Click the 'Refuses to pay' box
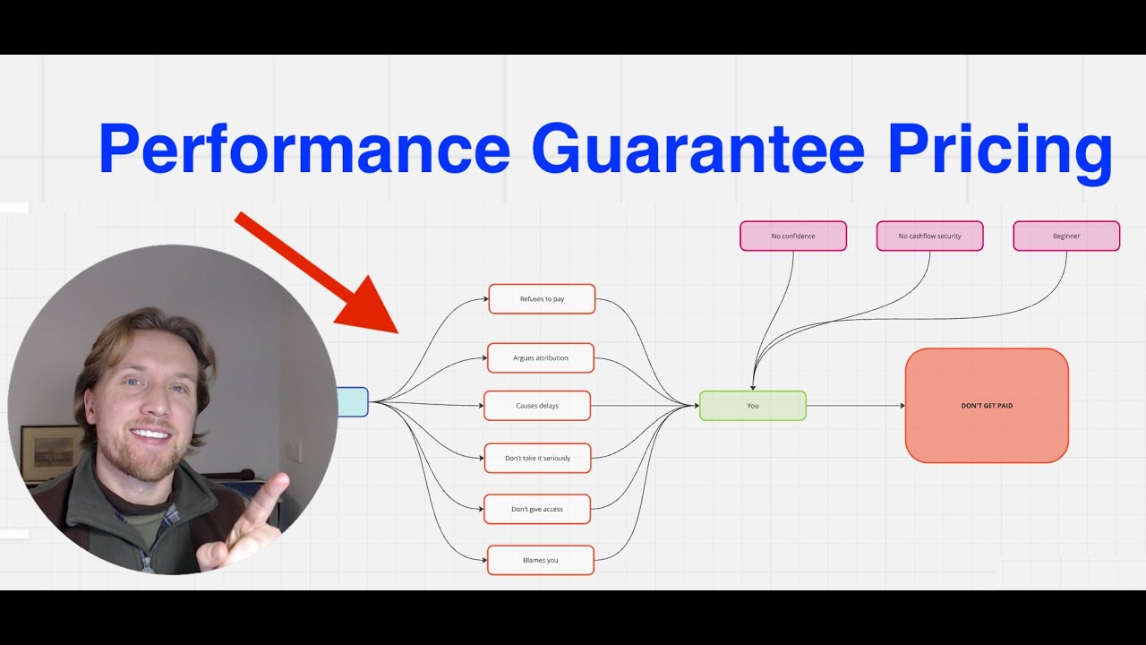pos(542,299)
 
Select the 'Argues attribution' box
pos(541,357)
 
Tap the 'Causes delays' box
pos(537,406)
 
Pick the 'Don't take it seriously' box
pos(537,458)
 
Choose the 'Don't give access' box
pos(537,509)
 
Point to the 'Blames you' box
pos(541,560)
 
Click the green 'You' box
pos(752,406)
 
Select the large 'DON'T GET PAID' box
pos(987,406)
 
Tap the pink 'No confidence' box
pos(793,236)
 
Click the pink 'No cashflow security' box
pos(929,236)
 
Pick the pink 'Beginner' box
pos(1066,236)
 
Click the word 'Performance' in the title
pos(304,150)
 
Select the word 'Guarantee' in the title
pos(698,150)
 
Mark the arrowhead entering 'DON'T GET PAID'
pos(902,406)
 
